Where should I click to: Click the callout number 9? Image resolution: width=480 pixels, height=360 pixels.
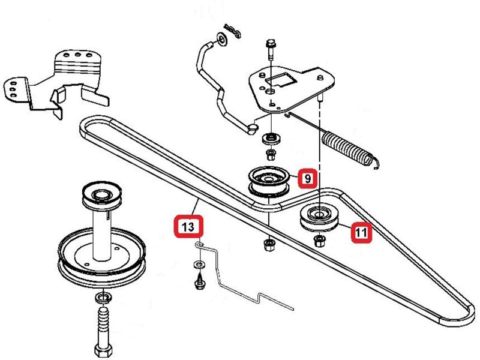coord(308,178)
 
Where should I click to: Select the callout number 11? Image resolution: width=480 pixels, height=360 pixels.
coord(361,233)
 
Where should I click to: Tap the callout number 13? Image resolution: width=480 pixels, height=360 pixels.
coord(188,227)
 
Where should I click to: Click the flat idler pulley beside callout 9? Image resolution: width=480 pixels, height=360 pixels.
coord(269,181)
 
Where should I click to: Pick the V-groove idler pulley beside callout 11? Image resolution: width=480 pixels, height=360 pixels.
coord(319,218)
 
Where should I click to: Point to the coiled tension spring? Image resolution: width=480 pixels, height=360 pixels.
coord(349,148)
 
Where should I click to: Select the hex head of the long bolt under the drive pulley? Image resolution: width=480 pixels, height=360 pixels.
coord(103,350)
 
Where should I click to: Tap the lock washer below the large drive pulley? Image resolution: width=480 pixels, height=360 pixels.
coord(103,298)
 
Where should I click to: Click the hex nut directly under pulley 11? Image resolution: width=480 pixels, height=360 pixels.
coord(319,241)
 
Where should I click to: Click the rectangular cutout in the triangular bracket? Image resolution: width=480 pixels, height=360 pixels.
coord(281,80)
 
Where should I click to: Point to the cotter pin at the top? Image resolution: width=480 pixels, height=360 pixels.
coord(232,31)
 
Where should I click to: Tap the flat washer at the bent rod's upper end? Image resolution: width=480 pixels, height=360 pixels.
coord(221,40)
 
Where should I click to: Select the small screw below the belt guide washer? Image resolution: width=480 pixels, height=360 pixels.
coord(200,282)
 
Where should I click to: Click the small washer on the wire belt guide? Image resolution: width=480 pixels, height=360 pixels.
coord(200,263)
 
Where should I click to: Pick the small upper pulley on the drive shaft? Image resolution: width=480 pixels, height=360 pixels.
coord(102,196)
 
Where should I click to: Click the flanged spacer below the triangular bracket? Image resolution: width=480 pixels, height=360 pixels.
coord(271,139)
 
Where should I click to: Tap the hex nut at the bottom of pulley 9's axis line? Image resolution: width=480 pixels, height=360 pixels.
coord(269,244)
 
